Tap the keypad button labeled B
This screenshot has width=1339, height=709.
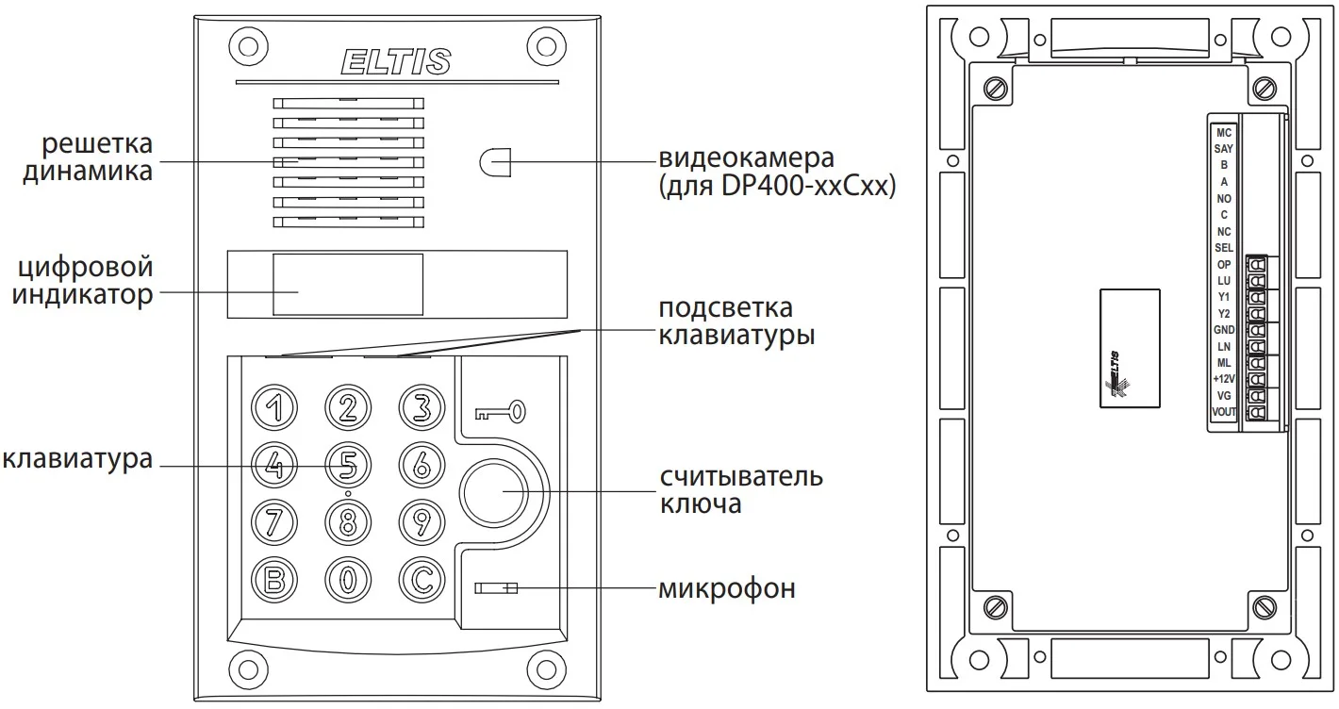coord(273,578)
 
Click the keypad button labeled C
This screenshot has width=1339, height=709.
coord(422,578)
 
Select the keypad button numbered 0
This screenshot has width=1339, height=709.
coord(348,578)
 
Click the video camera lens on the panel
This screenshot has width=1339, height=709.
coord(494,162)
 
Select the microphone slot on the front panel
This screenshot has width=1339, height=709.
coord(496,589)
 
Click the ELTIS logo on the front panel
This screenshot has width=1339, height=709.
coord(395,62)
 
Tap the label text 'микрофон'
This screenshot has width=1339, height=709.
coord(726,590)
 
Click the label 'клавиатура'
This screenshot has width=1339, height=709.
coord(77,460)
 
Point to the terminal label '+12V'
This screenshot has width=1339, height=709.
coord(1224,379)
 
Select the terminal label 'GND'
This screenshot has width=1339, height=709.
coord(1224,329)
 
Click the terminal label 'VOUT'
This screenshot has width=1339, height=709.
coord(1224,412)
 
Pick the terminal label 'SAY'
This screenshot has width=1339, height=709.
coord(1224,149)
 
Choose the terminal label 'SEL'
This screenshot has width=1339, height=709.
coord(1224,247)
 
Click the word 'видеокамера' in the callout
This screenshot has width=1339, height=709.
coord(747,157)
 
